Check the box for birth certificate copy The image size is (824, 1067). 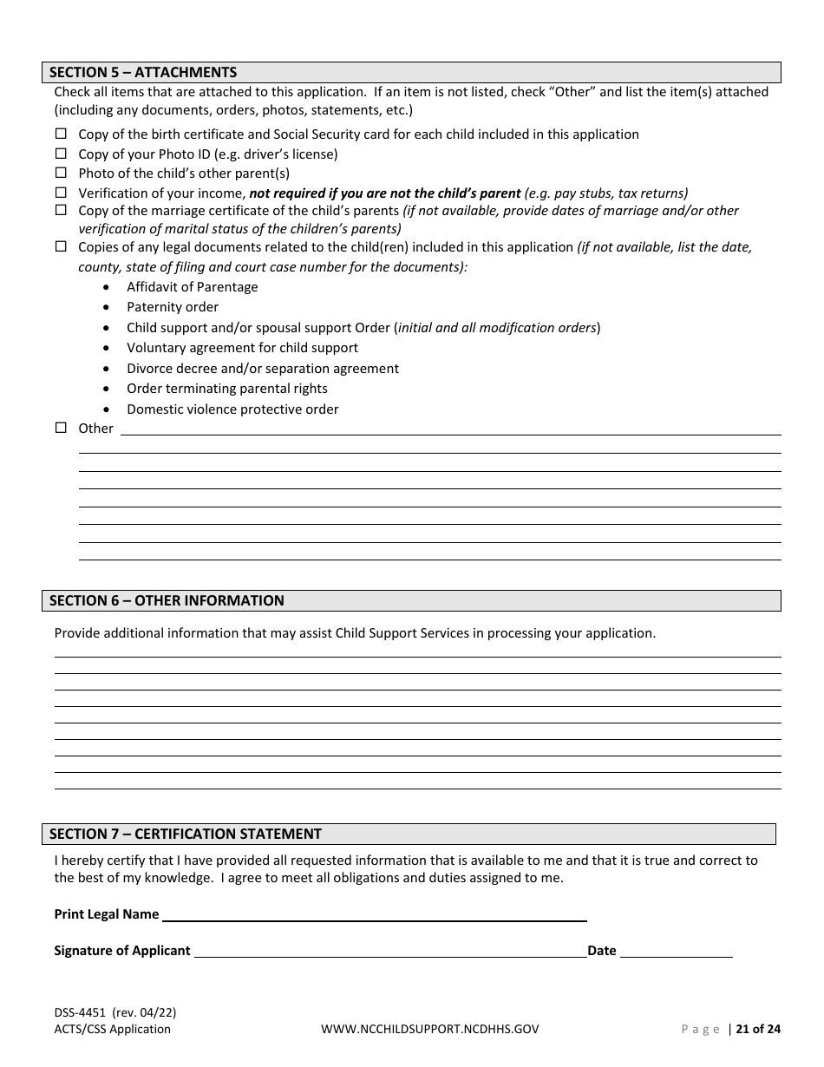[61, 134]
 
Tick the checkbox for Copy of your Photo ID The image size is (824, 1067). [61, 154]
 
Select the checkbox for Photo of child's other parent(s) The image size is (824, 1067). [61, 173]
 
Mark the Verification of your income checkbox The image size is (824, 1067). [61, 193]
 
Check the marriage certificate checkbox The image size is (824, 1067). [61, 210]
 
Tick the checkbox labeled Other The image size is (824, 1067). [61, 428]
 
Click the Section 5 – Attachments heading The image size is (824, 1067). [143, 72]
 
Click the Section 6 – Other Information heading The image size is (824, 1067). [167, 600]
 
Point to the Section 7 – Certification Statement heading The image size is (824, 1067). [186, 834]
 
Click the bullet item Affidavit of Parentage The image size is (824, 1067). [192, 287]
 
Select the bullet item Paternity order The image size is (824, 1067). [173, 307]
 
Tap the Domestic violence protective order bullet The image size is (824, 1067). [232, 409]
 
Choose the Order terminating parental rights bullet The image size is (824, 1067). [227, 389]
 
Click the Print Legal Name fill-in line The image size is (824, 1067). [375, 914]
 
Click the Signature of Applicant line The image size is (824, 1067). [390, 951]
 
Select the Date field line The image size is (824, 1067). [677, 951]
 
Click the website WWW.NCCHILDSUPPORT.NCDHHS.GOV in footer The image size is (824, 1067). [430, 1030]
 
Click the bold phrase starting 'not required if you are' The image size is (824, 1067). [385, 193]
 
